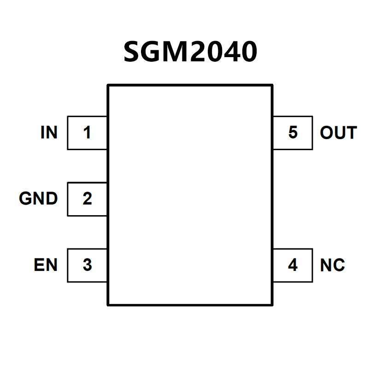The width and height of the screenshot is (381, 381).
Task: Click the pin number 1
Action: (x=87, y=133)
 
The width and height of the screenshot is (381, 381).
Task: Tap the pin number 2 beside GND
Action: (x=87, y=199)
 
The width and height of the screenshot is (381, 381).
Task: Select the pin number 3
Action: (x=87, y=265)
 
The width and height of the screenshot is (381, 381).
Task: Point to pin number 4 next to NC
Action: (x=293, y=265)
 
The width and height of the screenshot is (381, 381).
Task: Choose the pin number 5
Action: (x=293, y=133)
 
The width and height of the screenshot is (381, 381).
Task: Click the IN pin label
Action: (x=49, y=133)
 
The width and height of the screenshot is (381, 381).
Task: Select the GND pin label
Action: (x=38, y=199)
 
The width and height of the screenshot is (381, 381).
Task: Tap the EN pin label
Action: (x=46, y=265)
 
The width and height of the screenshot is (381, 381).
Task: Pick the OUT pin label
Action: (x=339, y=133)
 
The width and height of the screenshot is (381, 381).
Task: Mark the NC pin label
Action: (x=333, y=265)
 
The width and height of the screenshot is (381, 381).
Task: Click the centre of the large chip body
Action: (x=190, y=194)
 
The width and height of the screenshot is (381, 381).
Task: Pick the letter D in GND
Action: (x=51, y=199)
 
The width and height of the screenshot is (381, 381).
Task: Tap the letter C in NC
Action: (x=338, y=265)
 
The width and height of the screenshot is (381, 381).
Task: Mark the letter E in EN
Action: (x=39, y=265)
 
